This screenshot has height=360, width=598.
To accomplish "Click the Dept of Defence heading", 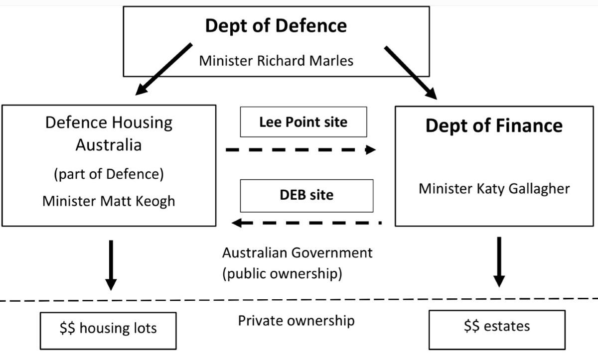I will pos(276,26).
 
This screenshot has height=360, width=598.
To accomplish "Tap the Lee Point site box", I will pos(303,122).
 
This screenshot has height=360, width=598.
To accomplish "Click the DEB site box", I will pos(306,195).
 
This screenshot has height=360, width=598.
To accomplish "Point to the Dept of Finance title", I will pos(493,125).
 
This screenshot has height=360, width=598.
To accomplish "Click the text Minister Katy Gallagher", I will pos(494,189).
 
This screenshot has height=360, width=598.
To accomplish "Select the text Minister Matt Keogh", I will pos(109,201).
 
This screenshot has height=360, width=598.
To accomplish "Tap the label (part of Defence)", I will pos(109,175).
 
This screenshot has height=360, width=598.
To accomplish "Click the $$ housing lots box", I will pos(108,329).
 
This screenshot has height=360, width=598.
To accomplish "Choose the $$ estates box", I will pos(497,327).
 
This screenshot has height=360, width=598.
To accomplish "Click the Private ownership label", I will pos(296,320).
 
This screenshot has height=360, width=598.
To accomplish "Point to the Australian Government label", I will pos(297,252).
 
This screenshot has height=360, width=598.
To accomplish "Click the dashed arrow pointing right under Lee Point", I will pos(300,149).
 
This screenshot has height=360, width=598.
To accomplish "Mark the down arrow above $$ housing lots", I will pos(111,264).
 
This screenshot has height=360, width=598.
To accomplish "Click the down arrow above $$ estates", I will pos(499,262).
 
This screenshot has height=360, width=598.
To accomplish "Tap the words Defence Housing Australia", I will pos(109,133).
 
